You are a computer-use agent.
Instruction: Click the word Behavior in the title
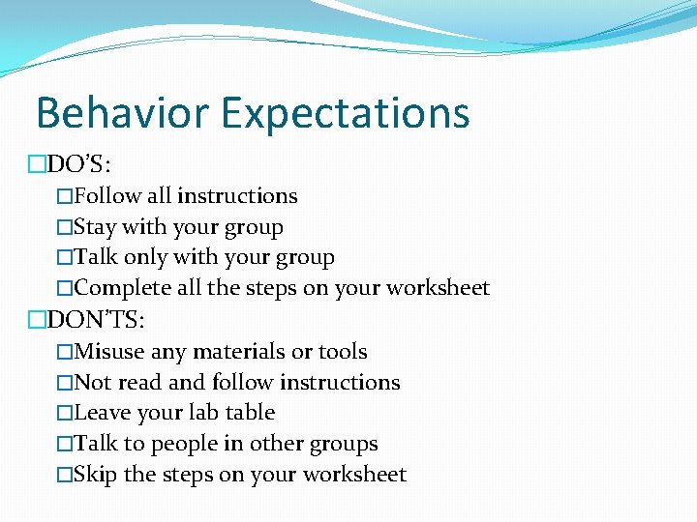coord(122,112)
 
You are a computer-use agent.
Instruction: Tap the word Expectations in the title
coord(345,114)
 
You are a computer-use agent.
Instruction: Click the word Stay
coord(95,228)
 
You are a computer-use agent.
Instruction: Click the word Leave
coord(102,413)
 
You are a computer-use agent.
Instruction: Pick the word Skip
coord(96,475)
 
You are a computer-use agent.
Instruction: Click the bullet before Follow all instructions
coord(65,196)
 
